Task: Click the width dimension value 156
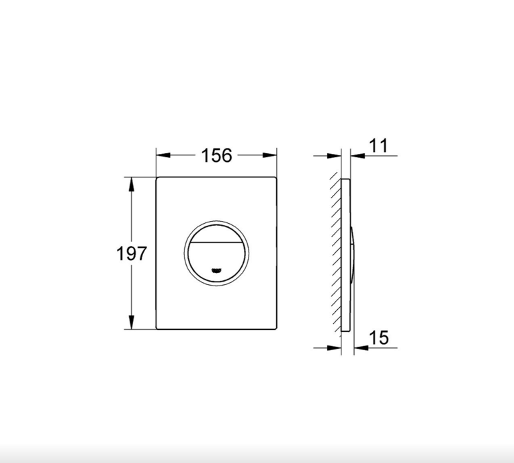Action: (x=216, y=155)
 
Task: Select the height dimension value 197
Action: (x=132, y=253)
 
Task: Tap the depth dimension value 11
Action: (x=379, y=145)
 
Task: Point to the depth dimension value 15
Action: (x=379, y=337)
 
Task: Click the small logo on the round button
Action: (x=216, y=271)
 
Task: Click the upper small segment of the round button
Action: (x=216, y=234)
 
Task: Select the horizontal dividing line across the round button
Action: (x=216, y=243)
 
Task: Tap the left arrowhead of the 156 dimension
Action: (x=163, y=155)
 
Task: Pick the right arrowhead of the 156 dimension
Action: (x=269, y=155)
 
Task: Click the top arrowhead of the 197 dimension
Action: (x=132, y=184)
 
